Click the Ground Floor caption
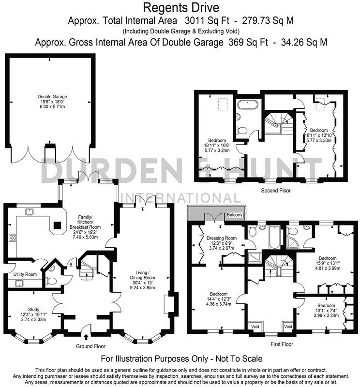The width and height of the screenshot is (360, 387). [90, 346]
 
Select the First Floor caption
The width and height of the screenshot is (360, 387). [281, 344]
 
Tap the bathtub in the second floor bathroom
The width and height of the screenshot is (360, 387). [249, 104]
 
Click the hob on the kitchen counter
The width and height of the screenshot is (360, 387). [12, 238]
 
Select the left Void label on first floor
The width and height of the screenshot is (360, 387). [255, 327]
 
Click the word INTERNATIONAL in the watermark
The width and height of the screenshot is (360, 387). [180, 198]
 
